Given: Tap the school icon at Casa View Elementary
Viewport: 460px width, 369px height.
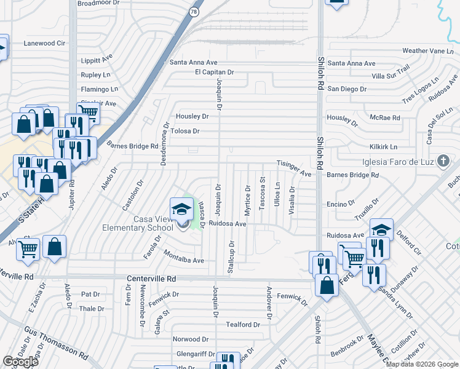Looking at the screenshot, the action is click(x=181, y=210).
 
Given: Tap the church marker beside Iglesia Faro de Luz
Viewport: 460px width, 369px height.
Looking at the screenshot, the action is click(x=442, y=162).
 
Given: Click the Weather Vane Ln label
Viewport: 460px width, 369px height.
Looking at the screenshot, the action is click(x=423, y=51).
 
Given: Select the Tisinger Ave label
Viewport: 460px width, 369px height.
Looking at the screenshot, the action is click(x=295, y=169).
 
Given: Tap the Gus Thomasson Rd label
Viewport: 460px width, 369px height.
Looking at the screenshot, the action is click(x=56, y=343).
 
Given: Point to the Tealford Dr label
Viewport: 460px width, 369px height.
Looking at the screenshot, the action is click(x=243, y=325).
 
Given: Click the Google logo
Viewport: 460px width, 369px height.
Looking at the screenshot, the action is click(x=20, y=362).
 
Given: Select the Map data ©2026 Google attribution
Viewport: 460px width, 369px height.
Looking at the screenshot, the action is click(x=422, y=364).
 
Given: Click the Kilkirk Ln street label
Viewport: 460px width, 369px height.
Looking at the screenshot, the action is click(x=383, y=148).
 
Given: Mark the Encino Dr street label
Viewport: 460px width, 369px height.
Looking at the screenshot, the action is click(x=341, y=203).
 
